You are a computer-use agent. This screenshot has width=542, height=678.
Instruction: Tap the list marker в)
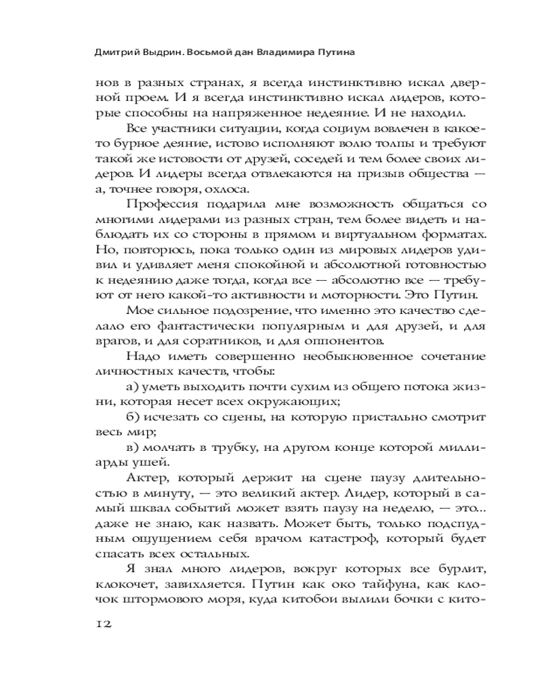click(133, 448)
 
